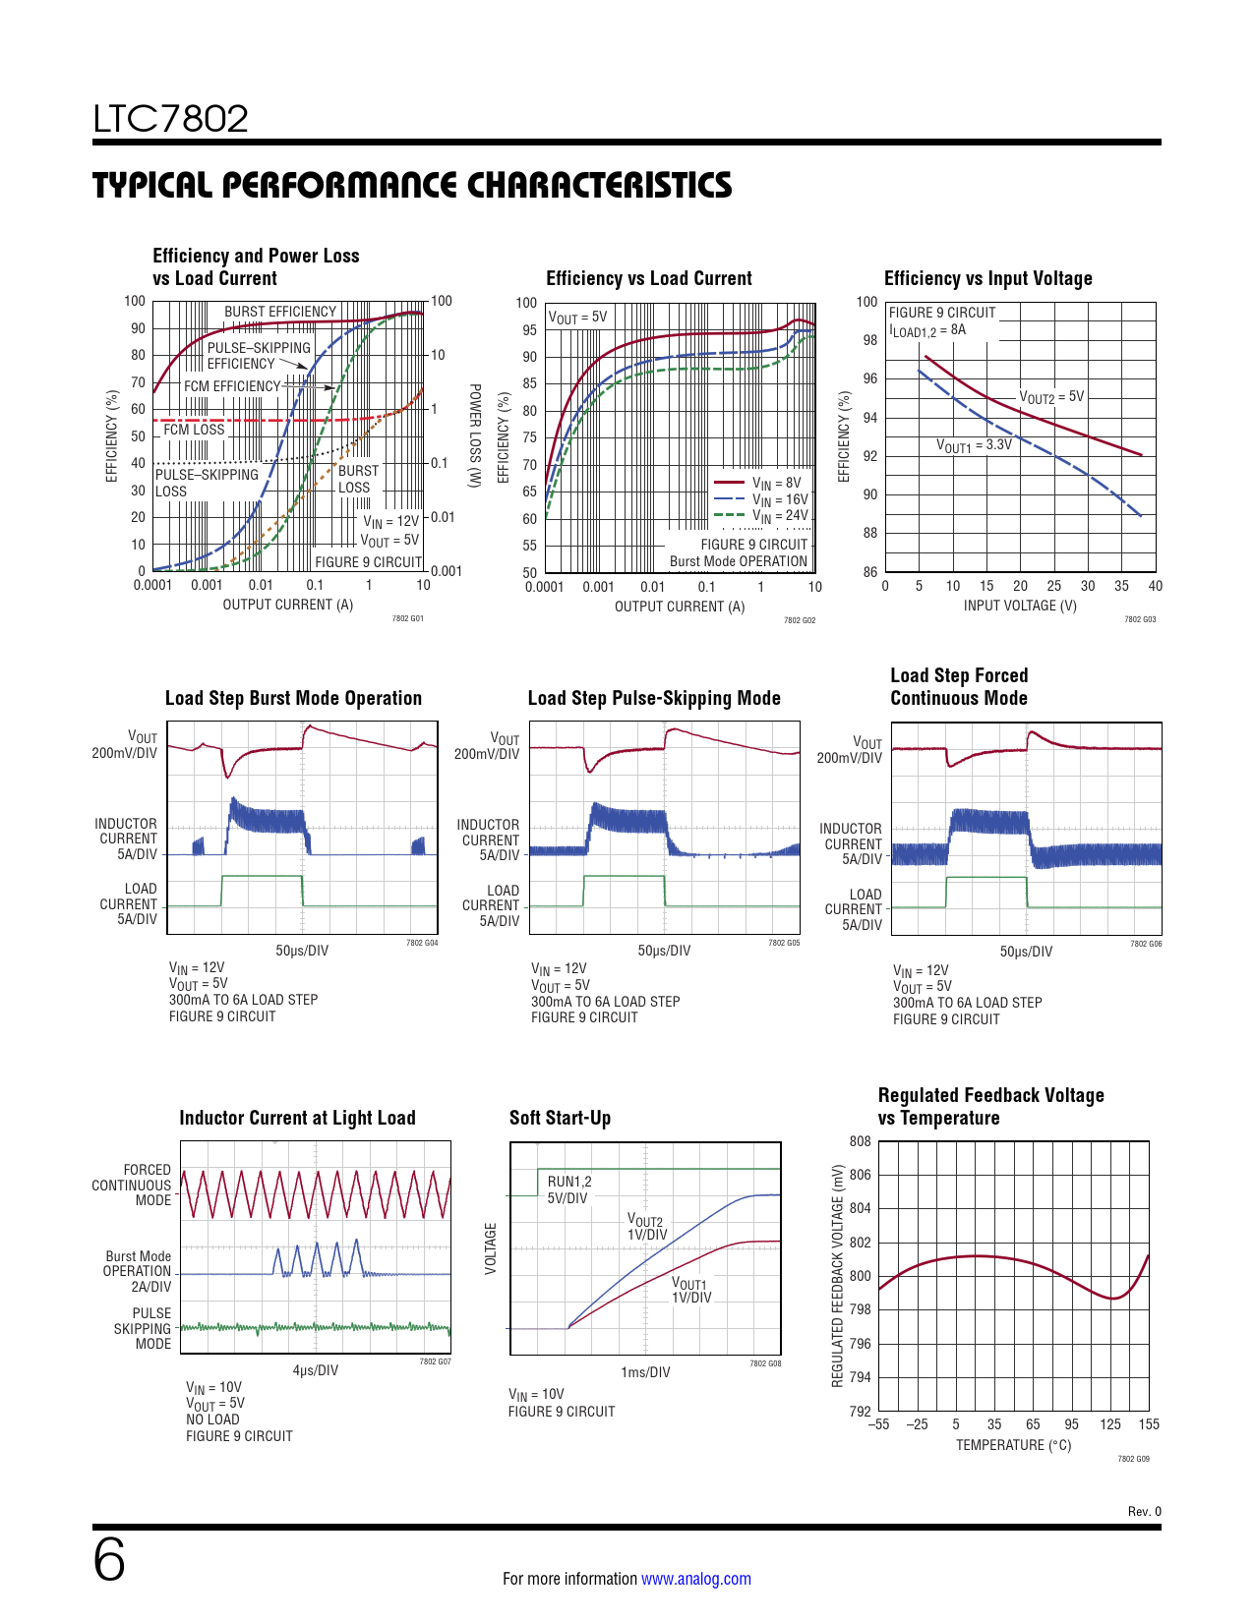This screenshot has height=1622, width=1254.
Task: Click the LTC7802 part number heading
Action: click(170, 119)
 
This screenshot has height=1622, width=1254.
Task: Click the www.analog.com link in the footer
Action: click(695, 1579)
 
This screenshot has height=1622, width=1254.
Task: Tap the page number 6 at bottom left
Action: click(109, 1560)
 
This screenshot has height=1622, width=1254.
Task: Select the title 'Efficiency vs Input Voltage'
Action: click(987, 278)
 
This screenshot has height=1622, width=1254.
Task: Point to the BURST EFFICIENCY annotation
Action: click(280, 312)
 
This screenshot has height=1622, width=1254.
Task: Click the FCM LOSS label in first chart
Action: click(194, 430)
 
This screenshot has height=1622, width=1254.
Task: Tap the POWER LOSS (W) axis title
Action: click(474, 434)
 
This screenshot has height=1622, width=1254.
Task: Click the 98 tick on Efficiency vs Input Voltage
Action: click(870, 340)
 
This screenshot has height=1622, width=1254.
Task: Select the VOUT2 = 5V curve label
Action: click(1051, 397)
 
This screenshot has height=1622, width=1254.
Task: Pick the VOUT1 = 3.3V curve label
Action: click(974, 445)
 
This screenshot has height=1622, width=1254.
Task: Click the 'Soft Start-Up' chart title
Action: click(560, 1118)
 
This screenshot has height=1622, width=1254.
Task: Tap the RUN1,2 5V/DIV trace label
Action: click(568, 1189)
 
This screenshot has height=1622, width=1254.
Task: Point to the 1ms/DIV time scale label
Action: click(645, 1372)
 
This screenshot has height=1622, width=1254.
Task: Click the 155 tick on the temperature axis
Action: click(1149, 1424)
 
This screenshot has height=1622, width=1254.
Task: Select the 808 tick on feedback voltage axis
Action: click(861, 1141)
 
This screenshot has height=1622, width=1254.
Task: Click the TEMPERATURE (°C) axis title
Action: click(1013, 1445)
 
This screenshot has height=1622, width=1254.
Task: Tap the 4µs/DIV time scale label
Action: click(315, 1370)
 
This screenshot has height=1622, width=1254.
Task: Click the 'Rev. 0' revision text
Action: click(1144, 1512)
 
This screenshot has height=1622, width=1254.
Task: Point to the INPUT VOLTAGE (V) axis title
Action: click(1019, 606)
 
